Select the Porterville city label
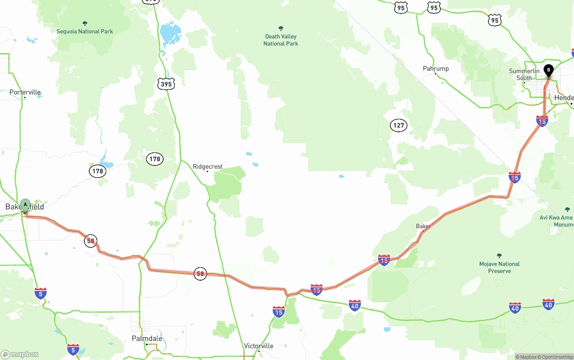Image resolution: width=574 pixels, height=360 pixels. (25, 92)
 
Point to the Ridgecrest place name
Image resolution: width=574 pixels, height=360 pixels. (208, 167)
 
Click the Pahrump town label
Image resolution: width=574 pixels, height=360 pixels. (435, 69)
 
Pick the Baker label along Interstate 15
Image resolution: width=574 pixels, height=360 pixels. (423, 226)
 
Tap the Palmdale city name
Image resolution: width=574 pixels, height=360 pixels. (147, 338)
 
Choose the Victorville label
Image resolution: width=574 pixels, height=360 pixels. (259, 346)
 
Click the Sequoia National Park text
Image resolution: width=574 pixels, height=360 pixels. (85, 31)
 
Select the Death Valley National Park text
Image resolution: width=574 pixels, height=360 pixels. (281, 40)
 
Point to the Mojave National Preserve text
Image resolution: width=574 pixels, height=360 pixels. (500, 268)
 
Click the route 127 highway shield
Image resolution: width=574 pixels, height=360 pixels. (399, 126)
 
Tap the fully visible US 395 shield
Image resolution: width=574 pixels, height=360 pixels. (166, 84)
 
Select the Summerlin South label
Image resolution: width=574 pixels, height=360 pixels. (524, 74)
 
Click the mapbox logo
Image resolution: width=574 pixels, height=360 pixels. (20, 354)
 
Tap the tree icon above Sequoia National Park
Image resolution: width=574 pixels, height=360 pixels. (85, 23)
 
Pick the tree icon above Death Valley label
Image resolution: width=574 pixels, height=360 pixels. (281, 29)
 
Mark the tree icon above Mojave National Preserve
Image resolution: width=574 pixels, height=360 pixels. (500, 256)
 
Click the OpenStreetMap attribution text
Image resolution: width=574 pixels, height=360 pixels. (556, 357)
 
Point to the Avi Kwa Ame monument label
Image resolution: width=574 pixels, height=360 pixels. (557, 221)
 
